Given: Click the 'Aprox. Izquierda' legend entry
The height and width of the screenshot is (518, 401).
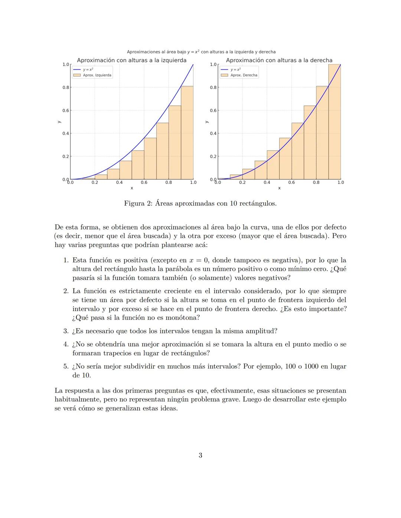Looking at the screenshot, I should (x=97, y=75).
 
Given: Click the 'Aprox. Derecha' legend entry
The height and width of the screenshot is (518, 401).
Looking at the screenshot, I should (x=244, y=75).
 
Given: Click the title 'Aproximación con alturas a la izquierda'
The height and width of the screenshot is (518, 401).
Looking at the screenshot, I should (x=131, y=60).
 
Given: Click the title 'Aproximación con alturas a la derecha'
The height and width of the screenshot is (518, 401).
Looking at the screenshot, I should (x=279, y=60).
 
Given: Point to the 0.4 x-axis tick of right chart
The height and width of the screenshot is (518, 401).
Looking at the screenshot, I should (x=267, y=182).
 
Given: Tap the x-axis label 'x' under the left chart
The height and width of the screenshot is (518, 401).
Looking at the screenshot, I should (x=132, y=188).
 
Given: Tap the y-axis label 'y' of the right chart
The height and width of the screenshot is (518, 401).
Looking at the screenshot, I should (x=207, y=122).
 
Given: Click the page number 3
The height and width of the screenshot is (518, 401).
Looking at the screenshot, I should (x=200, y=455).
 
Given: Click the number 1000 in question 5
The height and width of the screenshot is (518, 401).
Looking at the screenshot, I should (x=311, y=366).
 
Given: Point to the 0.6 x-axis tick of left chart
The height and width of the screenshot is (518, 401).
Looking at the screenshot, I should (x=144, y=182).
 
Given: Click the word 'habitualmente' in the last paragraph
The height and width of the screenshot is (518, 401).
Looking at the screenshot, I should (x=76, y=400).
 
